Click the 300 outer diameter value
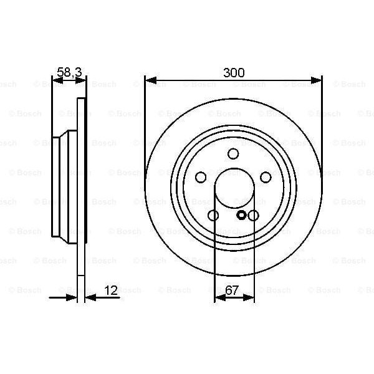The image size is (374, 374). point(233,72)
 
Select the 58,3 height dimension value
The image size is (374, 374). point(69,72)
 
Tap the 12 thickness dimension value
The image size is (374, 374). point(111,290)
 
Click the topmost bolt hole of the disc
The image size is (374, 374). point(233,153)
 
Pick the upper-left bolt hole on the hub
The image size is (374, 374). point(201,177)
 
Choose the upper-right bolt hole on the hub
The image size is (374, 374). point(266,177)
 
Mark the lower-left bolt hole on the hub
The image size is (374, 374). point(213,216)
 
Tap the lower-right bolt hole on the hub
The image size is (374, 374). point(253,216)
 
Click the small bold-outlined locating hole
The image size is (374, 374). point(242,216)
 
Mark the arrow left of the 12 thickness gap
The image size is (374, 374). point(71,297)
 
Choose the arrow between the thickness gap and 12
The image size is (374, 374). point(89,297)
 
